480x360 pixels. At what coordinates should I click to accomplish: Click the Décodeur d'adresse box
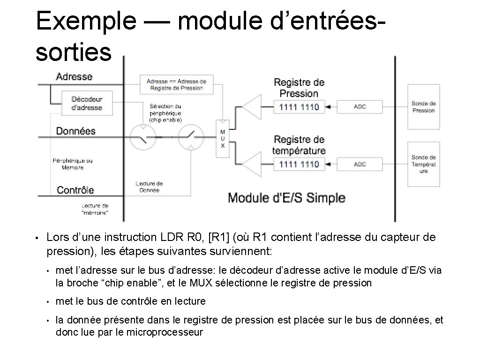[87, 104]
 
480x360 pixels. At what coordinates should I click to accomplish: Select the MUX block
[223, 135]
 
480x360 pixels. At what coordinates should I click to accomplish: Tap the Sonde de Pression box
[423, 107]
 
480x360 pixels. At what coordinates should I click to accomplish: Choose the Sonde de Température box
[423, 164]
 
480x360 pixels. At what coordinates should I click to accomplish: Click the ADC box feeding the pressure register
[360, 107]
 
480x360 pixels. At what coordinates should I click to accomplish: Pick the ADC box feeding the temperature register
[360, 164]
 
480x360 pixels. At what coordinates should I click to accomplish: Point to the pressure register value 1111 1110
[299, 107]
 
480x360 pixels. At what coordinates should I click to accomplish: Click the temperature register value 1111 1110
[299, 164]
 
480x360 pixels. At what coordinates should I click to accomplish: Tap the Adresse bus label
[74, 76]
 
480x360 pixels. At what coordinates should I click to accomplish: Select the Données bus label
[75, 131]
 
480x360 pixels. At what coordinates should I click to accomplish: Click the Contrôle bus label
[75, 190]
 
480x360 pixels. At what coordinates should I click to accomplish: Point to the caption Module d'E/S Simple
[286, 197]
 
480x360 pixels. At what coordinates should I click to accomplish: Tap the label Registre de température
[299, 145]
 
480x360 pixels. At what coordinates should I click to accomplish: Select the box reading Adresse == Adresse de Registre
[176, 84]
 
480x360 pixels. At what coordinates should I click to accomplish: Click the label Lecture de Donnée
[149, 187]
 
